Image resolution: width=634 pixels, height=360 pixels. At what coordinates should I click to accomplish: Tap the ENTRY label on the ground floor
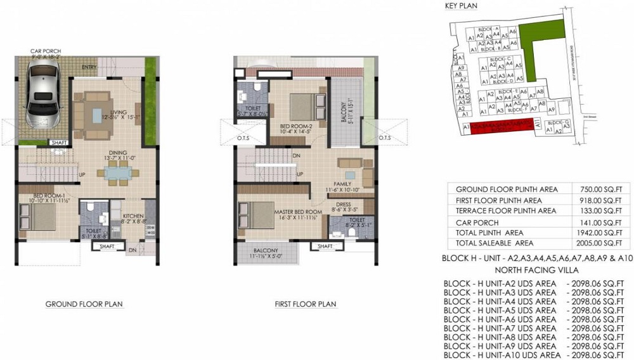[89, 68]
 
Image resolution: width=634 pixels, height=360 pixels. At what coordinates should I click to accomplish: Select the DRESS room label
[340, 204]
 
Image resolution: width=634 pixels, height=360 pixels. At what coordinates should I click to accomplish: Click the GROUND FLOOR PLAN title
[84, 304]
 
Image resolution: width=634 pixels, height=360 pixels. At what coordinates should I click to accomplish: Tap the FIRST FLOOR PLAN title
[305, 304]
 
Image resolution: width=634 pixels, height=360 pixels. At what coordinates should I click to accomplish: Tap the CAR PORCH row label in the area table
[477, 222]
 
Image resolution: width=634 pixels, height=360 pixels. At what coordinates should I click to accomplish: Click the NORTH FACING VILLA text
[539, 269]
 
